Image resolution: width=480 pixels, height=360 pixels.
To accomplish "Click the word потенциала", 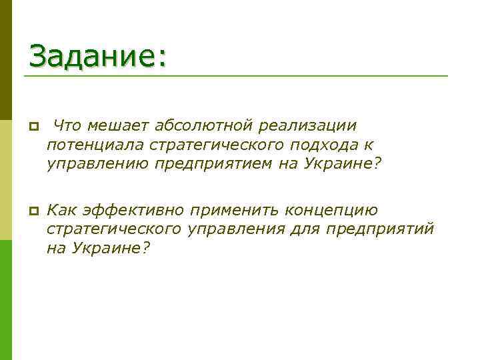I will point(95,145).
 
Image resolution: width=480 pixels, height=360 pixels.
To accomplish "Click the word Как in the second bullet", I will point(62,211).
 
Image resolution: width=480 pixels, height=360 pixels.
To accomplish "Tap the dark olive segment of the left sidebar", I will point(6,60).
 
